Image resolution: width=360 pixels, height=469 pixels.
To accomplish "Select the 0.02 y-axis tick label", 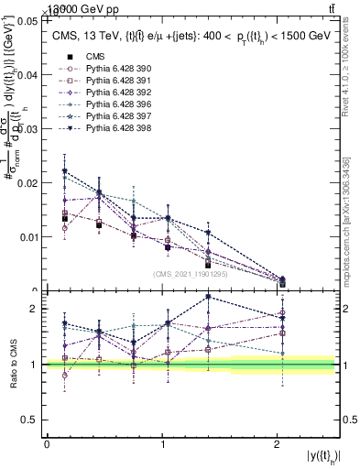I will [27, 182].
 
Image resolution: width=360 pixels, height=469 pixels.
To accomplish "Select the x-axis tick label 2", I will [278, 444].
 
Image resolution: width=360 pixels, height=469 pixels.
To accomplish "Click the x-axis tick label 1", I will [162, 444].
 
